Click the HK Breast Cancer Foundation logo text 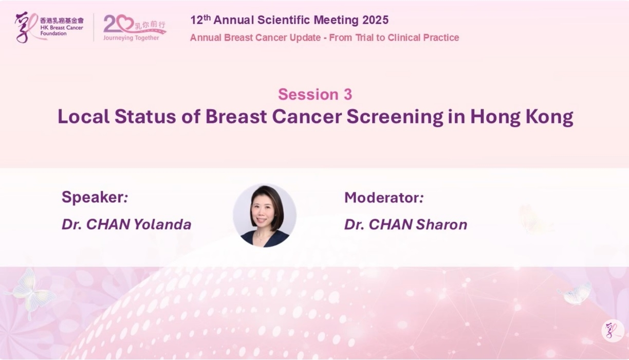coord(62,27)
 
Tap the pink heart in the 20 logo coord(125,23)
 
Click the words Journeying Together coord(131,38)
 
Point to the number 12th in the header coord(200,20)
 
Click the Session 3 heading coord(315,94)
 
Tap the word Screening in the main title coord(395,117)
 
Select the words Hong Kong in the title coord(522,117)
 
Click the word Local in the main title coord(83,116)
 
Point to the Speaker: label coord(95,197)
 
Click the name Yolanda coord(162,224)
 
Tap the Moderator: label coord(384,197)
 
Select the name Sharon coord(441,224)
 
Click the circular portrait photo coord(265,215)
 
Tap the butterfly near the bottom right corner coord(576,294)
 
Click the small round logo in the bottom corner coord(613,331)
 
